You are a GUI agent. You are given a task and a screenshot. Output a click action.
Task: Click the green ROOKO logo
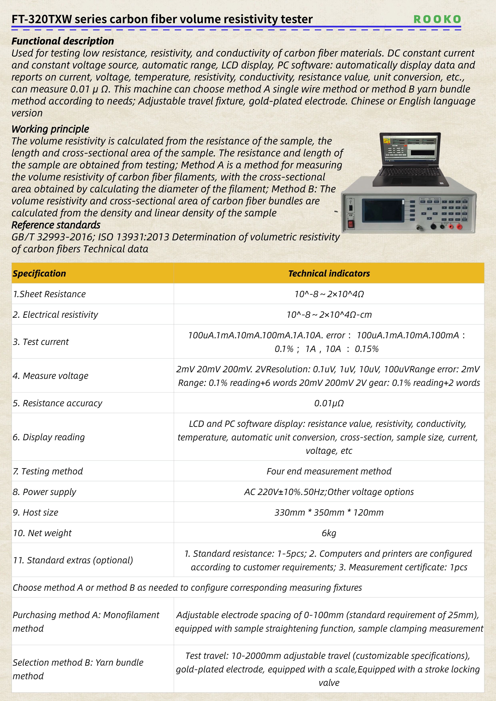[437, 19]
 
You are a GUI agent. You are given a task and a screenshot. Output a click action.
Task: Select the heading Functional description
[63, 41]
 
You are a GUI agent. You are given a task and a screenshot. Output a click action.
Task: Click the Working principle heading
[50, 129]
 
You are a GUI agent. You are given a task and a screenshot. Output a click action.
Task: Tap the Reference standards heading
[56, 225]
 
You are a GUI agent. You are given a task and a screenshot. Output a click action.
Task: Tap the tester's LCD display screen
[383, 211]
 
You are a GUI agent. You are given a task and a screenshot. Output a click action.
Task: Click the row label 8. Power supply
[44, 492]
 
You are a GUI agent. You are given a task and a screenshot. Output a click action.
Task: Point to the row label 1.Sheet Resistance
[49, 294]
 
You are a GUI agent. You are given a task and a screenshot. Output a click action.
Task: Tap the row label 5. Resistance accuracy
[57, 403]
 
